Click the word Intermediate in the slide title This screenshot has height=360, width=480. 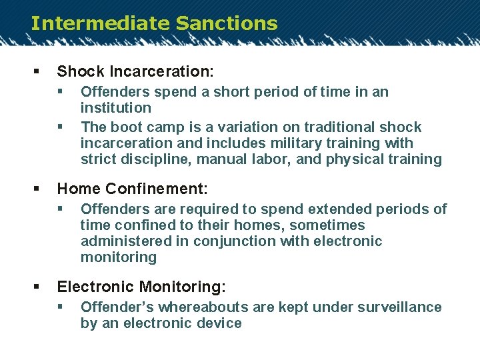coord(101,23)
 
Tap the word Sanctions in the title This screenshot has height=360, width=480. coord(227,23)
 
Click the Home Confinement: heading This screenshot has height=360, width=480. coord(133,189)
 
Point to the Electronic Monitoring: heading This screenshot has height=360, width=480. coord(141,287)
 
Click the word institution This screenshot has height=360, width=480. coord(116,108)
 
